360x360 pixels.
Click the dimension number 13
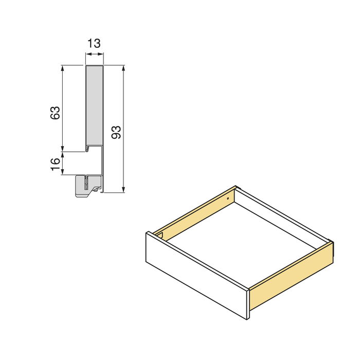pos(94,43)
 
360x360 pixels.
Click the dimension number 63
pos(56,113)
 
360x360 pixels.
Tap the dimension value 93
pos(116,133)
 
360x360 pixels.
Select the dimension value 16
pos(56,164)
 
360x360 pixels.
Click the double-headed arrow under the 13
pos(94,57)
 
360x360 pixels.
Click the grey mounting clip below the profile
pos(86,187)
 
